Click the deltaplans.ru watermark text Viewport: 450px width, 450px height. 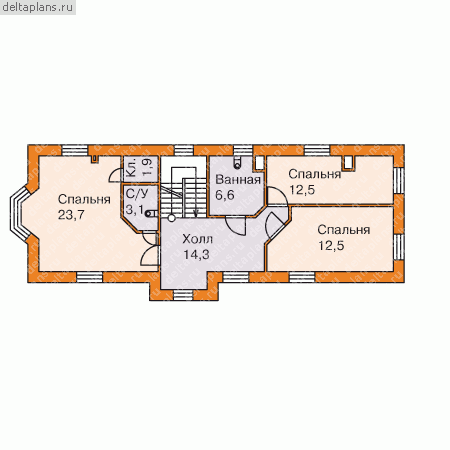pyautogui.click(x=37, y=7)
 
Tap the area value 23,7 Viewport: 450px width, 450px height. pyautogui.click(x=71, y=215)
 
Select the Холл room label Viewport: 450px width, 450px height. pyautogui.click(x=198, y=239)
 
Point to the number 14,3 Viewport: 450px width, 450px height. pyautogui.click(x=196, y=255)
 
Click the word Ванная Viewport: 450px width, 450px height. pyautogui.click(x=238, y=180)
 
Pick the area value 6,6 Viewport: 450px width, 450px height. pyautogui.click(x=225, y=195)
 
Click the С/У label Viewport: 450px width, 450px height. pyautogui.click(x=137, y=194)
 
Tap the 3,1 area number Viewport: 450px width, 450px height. pyautogui.click(x=135, y=210)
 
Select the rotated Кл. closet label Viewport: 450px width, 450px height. pyautogui.click(x=132, y=168)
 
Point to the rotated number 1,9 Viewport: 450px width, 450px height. pyautogui.click(x=147, y=168)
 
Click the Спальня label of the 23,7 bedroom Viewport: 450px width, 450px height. pyautogui.click(x=84, y=199)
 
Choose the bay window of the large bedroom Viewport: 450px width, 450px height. pyautogui.click(x=18, y=213)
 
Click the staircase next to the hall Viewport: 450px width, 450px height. pyautogui.click(x=183, y=193)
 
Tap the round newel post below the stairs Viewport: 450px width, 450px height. pyautogui.click(x=171, y=218)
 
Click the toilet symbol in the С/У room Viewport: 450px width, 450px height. pyautogui.click(x=151, y=213)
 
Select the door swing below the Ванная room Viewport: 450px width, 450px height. pyautogui.click(x=236, y=226)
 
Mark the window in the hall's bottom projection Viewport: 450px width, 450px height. pyautogui.click(x=181, y=296)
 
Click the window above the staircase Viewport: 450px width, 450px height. pyautogui.click(x=181, y=151)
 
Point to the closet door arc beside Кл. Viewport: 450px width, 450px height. pyautogui.click(x=115, y=174)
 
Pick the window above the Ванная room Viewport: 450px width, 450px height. pyautogui.click(x=243, y=151)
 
